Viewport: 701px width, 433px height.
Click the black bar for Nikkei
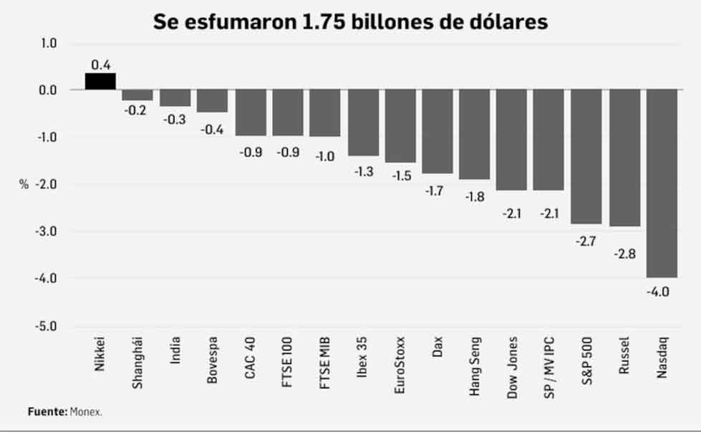[x=100, y=81]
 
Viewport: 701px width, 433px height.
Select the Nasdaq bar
[x=662, y=183]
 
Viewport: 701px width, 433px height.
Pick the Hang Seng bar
[x=474, y=135]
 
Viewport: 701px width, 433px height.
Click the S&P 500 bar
[x=586, y=157]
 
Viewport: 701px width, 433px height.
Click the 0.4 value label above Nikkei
[x=101, y=64]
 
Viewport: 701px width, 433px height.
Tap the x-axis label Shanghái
[x=137, y=362]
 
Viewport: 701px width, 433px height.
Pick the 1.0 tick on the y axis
[x=47, y=43]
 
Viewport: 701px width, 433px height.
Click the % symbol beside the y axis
[x=24, y=185]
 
